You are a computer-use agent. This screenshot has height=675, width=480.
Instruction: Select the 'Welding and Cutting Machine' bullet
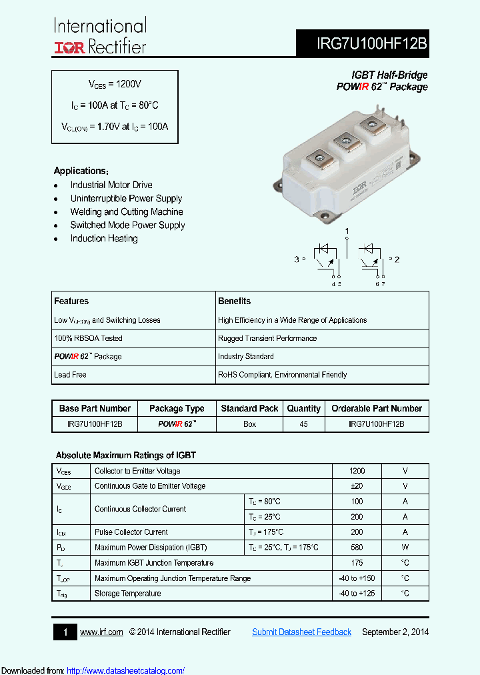(127, 212)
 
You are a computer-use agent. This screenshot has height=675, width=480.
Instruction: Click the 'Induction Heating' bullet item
(104, 239)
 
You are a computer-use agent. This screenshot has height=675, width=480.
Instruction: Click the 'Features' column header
(71, 301)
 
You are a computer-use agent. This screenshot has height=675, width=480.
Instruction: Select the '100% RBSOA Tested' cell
(88, 338)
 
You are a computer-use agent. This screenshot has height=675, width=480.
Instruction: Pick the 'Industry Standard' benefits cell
(245, 356)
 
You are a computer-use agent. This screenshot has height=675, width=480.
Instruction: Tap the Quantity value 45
(303, 424)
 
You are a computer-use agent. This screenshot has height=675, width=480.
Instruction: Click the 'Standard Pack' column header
(249, 408)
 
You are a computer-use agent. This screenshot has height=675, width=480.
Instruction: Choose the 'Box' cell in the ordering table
(249, 424)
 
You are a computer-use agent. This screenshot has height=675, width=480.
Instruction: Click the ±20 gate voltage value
(357, 486)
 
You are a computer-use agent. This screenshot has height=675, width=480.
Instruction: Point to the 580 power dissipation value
(357, 548)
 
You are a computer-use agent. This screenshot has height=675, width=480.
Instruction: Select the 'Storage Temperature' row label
(127, 594)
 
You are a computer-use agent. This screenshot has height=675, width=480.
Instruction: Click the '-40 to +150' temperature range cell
(357, 578)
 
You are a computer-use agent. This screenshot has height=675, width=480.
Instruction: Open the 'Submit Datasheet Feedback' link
(301, 632)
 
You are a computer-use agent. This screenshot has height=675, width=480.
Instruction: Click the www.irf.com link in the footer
(101, 632)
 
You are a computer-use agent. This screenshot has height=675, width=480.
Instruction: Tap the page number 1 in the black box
(65, 632)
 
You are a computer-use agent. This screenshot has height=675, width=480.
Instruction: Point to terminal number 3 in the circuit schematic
(296, 259)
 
